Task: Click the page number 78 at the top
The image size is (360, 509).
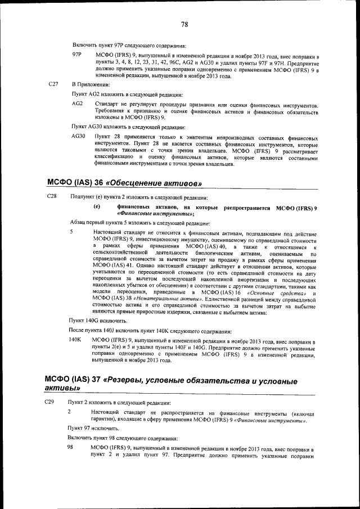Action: click(184, 24)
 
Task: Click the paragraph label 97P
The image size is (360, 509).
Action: click(78, 55)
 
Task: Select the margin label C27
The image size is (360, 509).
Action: click(53, 84)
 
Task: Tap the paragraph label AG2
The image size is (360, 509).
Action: click(78, 105)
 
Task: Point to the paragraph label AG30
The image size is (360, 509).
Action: click(79, 137)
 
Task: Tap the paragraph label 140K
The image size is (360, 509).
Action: click(75, 341)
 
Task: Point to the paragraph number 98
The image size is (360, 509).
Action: click(71, 447)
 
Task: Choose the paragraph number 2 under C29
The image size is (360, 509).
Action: click(69, 412)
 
